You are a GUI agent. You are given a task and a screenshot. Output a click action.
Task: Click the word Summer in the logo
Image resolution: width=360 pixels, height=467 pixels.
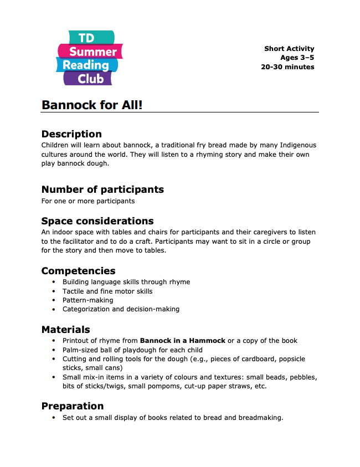[x=93, y=52]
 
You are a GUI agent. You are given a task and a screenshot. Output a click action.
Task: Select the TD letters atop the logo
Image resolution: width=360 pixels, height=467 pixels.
[x=86, y=38]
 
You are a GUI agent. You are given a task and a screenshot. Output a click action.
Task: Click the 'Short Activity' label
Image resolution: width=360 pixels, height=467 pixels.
[x=289, y=49]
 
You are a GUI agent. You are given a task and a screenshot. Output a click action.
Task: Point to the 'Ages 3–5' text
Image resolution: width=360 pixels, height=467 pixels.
[x=297, y=58]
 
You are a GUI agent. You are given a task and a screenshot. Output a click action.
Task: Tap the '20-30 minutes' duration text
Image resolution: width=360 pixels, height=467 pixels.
[x=287, y=67]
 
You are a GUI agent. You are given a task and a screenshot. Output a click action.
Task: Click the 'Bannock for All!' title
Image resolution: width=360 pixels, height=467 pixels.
[x=92, y=104]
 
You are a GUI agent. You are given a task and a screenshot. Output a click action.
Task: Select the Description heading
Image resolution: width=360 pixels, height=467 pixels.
[x=71, y=134]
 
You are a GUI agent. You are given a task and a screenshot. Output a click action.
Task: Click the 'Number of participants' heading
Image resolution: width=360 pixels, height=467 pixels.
[x=102, y=189]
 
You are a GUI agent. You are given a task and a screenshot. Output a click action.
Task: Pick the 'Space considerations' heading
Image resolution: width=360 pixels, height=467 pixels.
[x=97, y=221]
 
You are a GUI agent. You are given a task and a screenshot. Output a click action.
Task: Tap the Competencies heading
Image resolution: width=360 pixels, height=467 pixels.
[x=78, y=271]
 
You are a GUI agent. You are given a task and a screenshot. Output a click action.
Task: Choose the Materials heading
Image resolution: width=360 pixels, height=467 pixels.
[x=65, y=330]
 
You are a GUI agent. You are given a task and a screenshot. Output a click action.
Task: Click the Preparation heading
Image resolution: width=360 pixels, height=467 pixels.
[x=73, y=406]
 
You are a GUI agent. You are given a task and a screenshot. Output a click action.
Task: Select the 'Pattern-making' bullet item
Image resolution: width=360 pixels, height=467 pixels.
[x=88, y=300]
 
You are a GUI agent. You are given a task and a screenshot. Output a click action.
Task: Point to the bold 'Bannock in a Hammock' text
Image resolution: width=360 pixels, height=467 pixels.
[x=183, y=341]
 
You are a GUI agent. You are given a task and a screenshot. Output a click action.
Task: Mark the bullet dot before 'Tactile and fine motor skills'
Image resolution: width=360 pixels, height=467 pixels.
[x=54, y=291]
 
